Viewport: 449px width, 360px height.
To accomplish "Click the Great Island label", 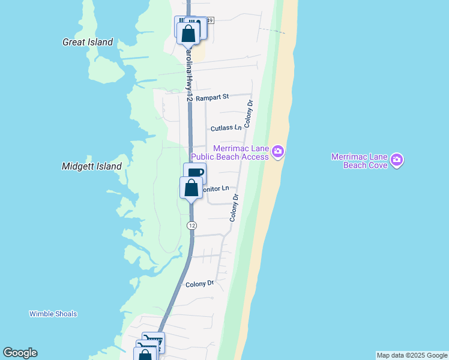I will (x=88, y=42).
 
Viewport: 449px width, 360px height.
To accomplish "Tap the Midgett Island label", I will (x=92, y=166).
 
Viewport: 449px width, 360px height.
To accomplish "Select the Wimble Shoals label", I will (x=53, y=314).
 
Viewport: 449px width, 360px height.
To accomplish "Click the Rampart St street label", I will (x=212, y=97).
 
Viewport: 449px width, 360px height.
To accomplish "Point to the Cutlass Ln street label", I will (x=226, y=128).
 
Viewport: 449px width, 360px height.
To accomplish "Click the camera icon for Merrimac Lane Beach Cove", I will (x=396, y=160).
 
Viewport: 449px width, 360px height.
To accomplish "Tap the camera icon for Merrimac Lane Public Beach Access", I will (x=277, y=152).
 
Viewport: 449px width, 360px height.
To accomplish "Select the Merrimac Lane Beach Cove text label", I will (x=360, y=161).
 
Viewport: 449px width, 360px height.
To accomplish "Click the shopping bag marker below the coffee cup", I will (x=191, y=188).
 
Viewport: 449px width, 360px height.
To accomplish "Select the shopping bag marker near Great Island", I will (x=188, y=33).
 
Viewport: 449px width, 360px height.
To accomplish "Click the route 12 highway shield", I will (x=191, y=226).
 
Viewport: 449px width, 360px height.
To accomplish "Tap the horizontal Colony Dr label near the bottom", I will (x=200, y=284).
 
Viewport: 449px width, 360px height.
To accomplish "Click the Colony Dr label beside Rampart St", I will (x=249, y=112).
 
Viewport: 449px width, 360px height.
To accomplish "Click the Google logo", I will (x=20, y=353).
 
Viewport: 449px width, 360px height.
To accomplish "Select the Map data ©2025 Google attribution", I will (x=412, y=355).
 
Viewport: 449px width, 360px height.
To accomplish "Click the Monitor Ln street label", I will (x=215, y=188).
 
